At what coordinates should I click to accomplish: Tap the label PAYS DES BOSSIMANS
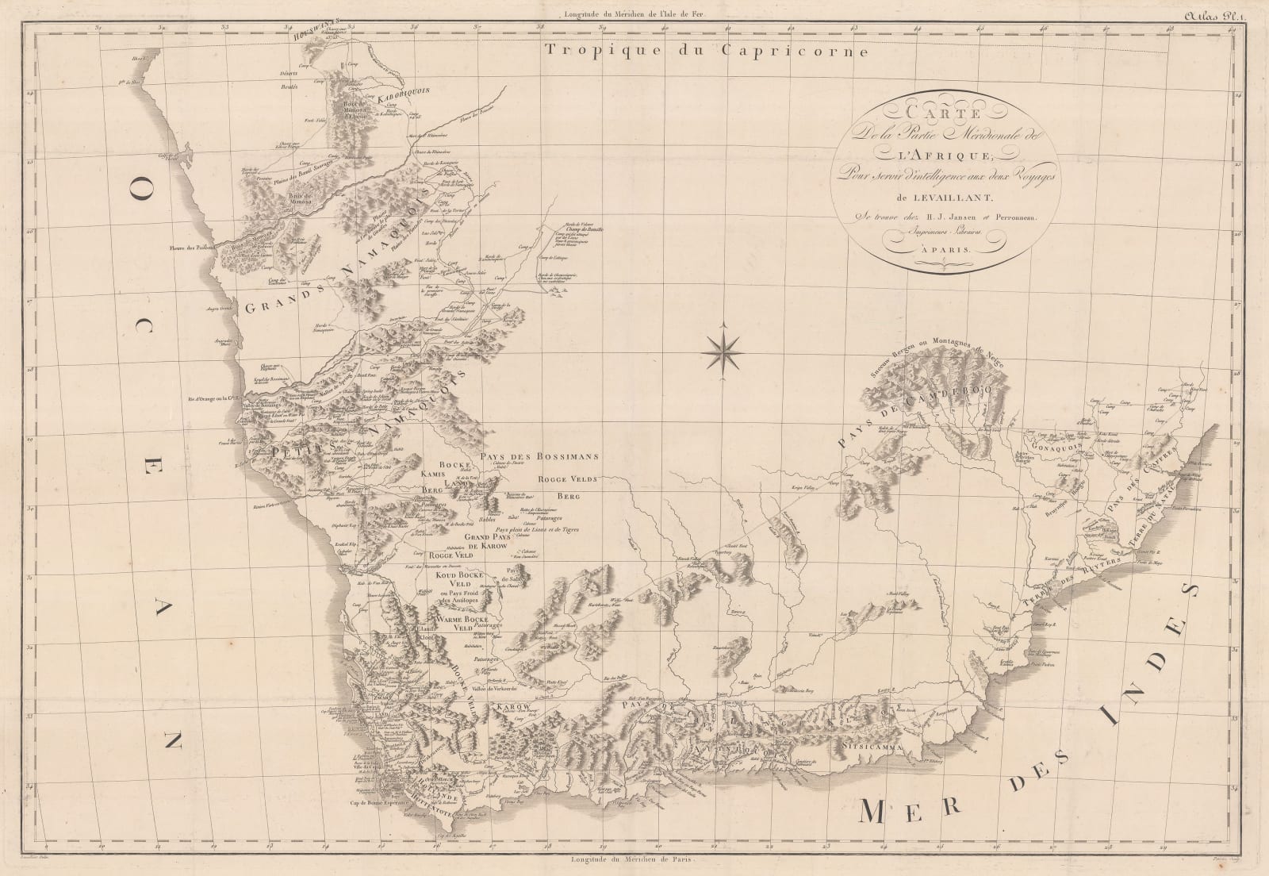click(545, 457)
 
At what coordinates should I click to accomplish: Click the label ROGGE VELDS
click(565, 478)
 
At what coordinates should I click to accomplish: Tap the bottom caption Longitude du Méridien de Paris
click(632, 859)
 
